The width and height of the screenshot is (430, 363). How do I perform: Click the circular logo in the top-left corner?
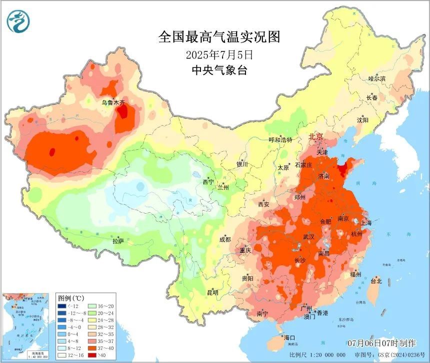click(x=18, y=20)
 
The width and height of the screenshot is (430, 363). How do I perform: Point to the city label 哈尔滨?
click(x=377, y=79)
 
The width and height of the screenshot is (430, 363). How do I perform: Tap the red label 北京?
click(x=315, y=136)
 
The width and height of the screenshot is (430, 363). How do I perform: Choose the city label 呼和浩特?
click(x=280, y=140)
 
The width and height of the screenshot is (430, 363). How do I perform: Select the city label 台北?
click(x=375, y=281)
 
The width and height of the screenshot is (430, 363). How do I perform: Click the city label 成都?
click(x=225, y=239)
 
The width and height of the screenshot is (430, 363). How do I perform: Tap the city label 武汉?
click(x=309, y=237)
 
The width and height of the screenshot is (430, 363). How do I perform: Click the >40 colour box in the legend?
click(x=92, y=355)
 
